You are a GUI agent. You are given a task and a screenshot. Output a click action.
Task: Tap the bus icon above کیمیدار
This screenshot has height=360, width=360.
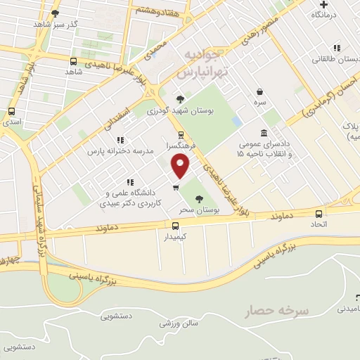click(176, 226)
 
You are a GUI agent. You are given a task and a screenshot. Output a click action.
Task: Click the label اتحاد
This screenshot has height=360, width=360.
click(319, 224)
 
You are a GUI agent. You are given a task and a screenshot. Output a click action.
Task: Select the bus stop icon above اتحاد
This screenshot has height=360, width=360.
click(319, 214)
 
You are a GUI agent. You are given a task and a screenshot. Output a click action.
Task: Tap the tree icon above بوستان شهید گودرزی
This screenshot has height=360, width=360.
click(180, 98)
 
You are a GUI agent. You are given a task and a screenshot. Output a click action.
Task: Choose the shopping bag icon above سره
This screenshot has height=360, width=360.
click(260, 91)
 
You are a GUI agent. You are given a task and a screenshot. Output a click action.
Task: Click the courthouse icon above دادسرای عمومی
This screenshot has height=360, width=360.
click(264, 132)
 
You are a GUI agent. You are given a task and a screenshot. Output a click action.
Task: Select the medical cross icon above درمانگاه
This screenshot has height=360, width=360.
click(323, 4)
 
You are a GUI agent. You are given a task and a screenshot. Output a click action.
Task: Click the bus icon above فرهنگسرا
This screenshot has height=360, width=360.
click(181, 134)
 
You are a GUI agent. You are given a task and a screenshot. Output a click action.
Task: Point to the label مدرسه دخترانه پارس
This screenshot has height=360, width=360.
click(117, 151)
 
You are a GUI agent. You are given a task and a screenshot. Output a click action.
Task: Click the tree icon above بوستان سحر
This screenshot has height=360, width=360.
click(199, 199)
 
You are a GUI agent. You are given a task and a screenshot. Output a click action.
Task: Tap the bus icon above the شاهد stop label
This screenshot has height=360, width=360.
click(74, 61)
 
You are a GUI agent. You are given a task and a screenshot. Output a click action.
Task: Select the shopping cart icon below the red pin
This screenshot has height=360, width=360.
click(176, 187)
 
